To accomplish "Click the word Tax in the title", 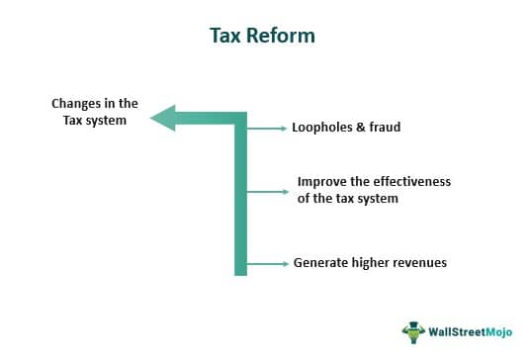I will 224,37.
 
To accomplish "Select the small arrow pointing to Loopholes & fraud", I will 265,129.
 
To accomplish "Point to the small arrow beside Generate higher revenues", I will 265,264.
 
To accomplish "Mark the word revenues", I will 418,264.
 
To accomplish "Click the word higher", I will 369,264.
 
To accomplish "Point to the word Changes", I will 76,104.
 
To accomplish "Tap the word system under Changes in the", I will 107,120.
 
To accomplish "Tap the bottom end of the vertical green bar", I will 240,272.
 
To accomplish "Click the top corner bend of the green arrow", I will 240,118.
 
